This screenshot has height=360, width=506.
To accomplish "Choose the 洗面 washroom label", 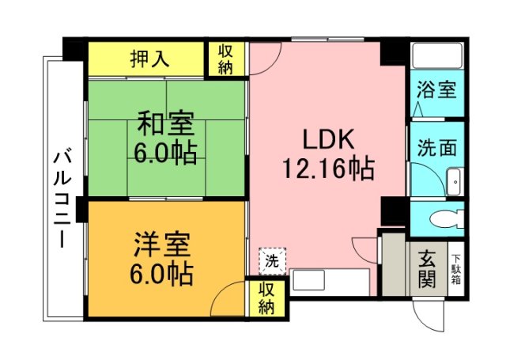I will tap(436, 148).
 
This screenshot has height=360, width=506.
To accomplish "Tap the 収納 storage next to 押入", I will tap(225, 59).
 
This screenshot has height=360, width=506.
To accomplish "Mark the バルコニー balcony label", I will tap(61, 199).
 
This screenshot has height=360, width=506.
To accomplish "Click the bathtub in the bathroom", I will tap(436, 56).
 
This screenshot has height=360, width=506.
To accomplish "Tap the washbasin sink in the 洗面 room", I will tap(455, 183).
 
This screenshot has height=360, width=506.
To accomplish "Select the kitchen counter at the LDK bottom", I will tap(330, 282).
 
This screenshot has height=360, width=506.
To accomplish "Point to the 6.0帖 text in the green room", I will tap(165, 151).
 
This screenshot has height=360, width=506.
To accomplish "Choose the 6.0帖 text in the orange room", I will tap(161, 275).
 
